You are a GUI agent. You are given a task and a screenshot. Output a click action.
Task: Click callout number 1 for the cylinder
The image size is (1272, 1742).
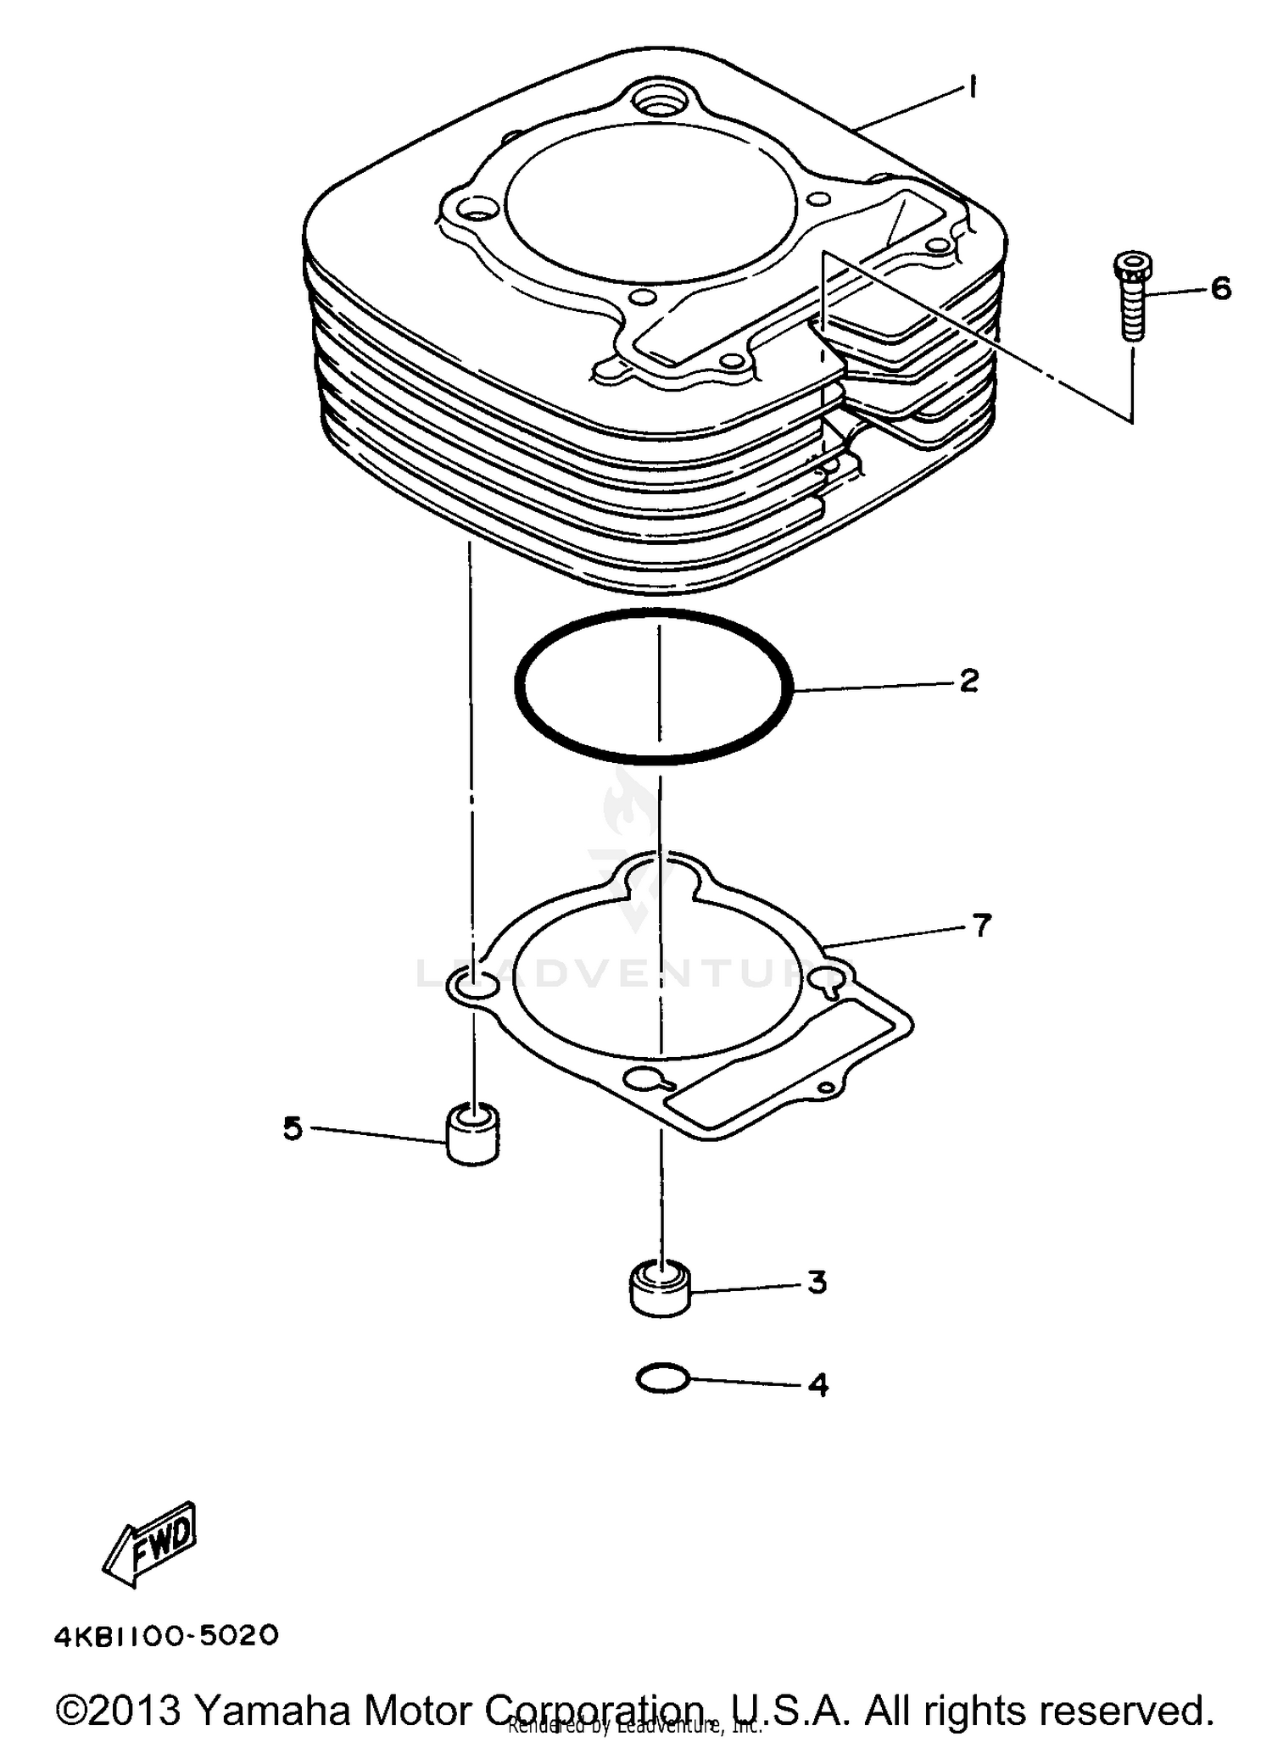pyautogui.click(x=974, y=86)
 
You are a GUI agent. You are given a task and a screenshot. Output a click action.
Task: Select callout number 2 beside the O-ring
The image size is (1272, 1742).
pyautogui.click(x=969, y=680)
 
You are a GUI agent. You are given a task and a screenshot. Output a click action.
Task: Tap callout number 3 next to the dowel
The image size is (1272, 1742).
pyautogui.click(x=816, y=1283)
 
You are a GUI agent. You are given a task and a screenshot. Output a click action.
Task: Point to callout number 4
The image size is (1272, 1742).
pyautogui.click(x=817, y=1384)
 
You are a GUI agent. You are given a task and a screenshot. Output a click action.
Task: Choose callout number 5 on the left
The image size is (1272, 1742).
pyautogui.click(x=293, y=1128)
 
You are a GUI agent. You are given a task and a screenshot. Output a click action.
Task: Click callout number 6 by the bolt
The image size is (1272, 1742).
pyautogui.click(x=1219, y=289)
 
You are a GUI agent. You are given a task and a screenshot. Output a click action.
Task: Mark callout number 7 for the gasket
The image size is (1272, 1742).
pyautogui.click(x=980, y=925)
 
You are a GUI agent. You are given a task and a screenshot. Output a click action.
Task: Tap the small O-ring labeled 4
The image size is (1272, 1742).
pyautogui.click(x=663, y=1379)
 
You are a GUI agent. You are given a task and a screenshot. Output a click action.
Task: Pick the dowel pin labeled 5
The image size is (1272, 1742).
pyautogui.click(x=472, y=1134)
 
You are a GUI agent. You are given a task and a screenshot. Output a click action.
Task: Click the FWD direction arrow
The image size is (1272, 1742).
pyautogui.click(x=151, y=1543)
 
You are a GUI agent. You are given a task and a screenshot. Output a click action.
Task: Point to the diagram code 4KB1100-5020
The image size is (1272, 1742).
pyautogui.click(x=167, y=1635)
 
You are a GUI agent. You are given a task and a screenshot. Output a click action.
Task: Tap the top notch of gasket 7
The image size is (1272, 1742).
pyautogui.click(x=660, y=873)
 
